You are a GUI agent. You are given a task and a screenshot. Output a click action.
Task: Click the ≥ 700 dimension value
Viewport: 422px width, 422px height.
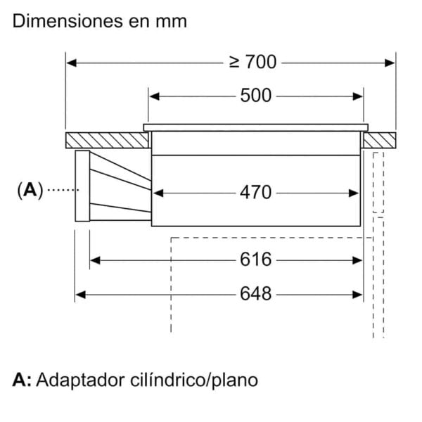click(x=252, y=62)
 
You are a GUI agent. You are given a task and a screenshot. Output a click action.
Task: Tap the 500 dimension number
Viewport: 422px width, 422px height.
click(x=256, y=96)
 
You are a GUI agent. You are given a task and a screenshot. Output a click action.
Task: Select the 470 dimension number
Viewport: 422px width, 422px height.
click(x=256, y=193)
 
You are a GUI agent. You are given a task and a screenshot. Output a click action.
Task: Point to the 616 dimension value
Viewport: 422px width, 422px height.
click(x=256, y=260)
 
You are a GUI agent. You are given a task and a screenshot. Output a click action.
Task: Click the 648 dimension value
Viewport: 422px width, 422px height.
click(x=256, y=294)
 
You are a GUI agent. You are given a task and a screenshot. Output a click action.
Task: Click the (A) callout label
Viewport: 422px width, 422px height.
click(x=30, y=190)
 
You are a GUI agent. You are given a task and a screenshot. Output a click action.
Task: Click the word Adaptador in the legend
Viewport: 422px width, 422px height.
click(x=80, y=381)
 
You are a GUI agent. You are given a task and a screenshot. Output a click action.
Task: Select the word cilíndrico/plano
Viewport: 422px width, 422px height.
click(x=194, y=381)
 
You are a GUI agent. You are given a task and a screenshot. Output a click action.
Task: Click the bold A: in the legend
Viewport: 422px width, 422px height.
click(x=22, y=380)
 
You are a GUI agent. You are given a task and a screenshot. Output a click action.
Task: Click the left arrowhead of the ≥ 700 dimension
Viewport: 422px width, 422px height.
click(x=71, y=63)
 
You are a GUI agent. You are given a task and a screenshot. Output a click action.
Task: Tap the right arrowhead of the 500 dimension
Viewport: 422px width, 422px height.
click(x=357, y=96)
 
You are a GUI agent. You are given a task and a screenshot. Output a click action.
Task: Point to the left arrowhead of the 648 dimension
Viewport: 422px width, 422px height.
click(x=80, y=295)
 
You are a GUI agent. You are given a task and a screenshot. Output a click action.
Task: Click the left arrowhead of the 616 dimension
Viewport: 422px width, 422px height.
click(x=95, y=260)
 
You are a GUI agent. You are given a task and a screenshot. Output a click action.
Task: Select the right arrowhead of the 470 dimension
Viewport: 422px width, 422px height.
click(x=353, y=193)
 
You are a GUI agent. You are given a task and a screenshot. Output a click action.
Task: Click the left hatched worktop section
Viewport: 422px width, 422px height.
click(x=107, y=140)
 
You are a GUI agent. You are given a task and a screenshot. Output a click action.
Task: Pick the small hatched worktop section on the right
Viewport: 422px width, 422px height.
click(x=380, y=140)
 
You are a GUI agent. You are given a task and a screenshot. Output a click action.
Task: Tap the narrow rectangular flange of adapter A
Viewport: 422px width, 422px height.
click(x=82, y=186)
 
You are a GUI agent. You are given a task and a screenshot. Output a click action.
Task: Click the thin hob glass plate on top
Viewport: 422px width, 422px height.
click(x=256, y=127)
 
